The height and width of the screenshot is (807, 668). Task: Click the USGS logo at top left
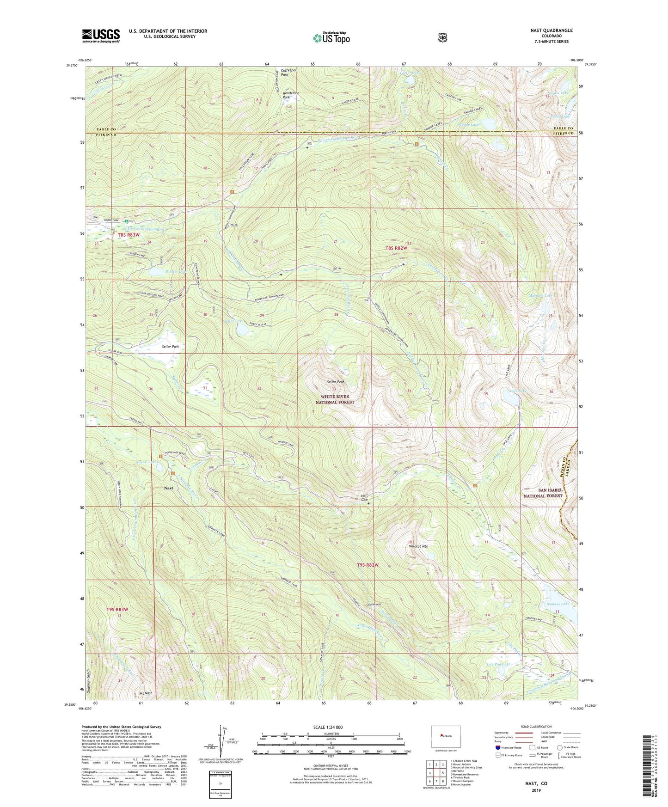point(101,36)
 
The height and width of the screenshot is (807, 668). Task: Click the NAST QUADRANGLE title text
point(551,31)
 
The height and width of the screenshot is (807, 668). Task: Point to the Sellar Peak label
point(336,381)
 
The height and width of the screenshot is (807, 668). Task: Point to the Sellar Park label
point(170,346)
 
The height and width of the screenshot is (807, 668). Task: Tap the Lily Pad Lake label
point(499,664)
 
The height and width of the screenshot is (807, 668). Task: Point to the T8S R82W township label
point(397,248)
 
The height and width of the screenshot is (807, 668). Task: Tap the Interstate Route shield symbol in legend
point(497,747)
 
